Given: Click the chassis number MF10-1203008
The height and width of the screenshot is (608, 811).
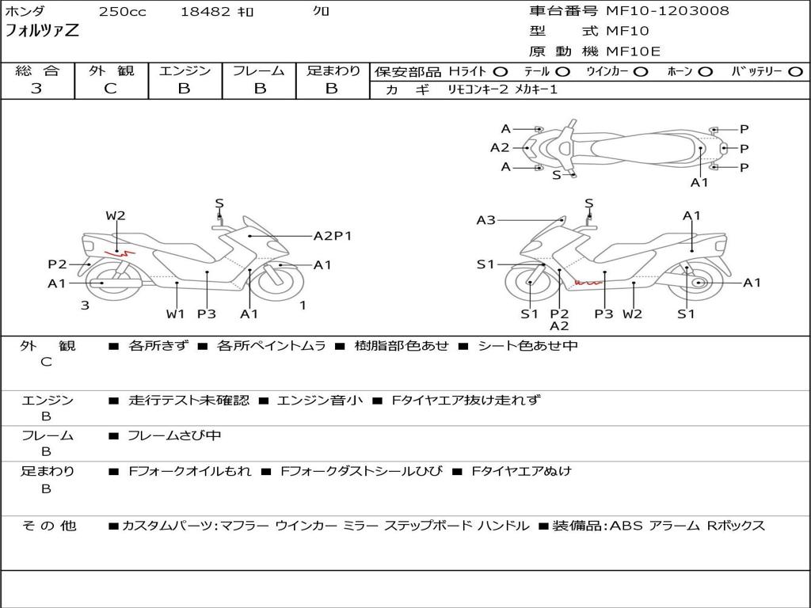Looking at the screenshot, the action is click(x=667, y=10).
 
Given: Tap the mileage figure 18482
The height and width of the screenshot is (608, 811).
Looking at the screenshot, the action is click(x=205, y=11).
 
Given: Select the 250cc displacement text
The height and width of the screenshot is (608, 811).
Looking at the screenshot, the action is click(x=123, y=11).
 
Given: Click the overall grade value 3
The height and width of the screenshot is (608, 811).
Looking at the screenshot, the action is click(x=36, y=89).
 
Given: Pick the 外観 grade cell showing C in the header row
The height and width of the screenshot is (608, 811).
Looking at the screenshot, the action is click(x=111, y=89).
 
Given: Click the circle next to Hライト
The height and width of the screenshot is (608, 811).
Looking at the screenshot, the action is click(x=501, y=72).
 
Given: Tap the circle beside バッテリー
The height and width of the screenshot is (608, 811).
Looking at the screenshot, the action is click(x=795, y=72).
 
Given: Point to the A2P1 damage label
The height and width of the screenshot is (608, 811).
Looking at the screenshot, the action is click(x=333, y=236).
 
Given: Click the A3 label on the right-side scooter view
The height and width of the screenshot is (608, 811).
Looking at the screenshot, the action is click(x=485, y=220).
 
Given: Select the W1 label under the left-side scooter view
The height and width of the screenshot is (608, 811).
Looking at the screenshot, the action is click(x=175, y=313).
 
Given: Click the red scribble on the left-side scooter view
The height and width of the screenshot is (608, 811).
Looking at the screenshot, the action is click(x=120, y=253).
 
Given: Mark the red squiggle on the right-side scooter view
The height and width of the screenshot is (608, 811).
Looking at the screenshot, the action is click(x=588, y=283).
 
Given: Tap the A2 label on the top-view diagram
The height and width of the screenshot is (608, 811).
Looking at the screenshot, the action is click(x=500, y=148).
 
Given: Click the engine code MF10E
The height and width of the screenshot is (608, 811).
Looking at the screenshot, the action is click(x=633, y=51).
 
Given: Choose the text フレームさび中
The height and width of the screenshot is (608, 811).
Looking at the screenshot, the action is click(x=174, y=436).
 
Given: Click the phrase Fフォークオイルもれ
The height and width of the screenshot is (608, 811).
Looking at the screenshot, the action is click(x=190, y=472).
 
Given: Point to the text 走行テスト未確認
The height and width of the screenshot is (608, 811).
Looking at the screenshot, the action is click(x=188, y=400).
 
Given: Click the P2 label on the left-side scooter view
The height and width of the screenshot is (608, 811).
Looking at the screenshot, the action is click(x=57, y=264).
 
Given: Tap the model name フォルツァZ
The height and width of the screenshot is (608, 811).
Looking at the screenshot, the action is click(x=42, y=30).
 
